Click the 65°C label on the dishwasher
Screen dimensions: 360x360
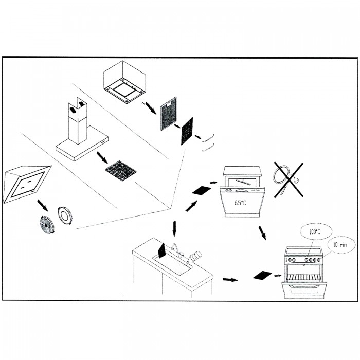pyautogui.click(x=240, y=203)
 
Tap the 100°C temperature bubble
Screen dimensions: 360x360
pyautogui.click(x=315, y=232)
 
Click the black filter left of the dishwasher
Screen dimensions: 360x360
pyautogui.click(x=202, y=190)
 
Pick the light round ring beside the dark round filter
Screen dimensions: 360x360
pyautogui.click(x=65, y=214)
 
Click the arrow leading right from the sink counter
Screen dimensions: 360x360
pyautogui.click(x=230, y=280)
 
